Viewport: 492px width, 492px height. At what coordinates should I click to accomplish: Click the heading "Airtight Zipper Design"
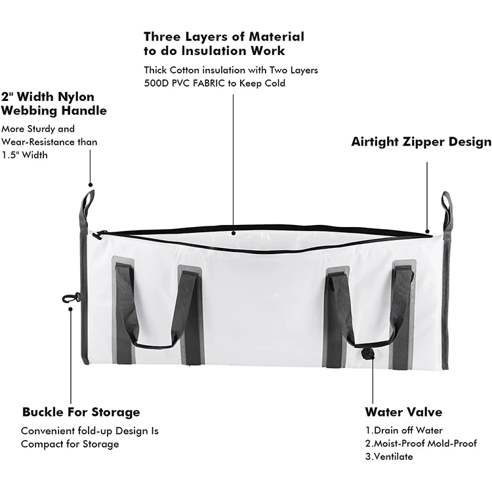[x=421, y=142]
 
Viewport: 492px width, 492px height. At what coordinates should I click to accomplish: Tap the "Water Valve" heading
[x=403, y=412]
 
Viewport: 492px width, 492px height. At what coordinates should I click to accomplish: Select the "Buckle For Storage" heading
[x=81, y=412]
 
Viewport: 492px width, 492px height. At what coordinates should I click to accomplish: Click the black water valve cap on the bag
[x=367, y=354]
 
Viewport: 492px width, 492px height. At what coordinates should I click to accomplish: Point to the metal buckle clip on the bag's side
[x=71, y=298]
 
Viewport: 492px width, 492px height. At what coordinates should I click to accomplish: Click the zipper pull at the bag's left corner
[x=98, y=235]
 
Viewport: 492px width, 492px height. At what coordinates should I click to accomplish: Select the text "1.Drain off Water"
[x=404, y=430]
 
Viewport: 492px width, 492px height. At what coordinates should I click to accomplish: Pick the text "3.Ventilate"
[x=389, y=457]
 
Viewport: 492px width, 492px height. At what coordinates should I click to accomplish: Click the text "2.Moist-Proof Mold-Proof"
[x=421, y=443]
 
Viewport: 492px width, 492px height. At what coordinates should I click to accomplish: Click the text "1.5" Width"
[x=24, y=155]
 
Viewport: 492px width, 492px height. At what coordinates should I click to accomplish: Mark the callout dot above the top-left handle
[x=91, y=185]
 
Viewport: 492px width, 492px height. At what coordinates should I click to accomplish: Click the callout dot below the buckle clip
[x=71, y=309]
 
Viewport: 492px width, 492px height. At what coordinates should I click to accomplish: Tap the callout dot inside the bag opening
[x=233, y=233]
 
